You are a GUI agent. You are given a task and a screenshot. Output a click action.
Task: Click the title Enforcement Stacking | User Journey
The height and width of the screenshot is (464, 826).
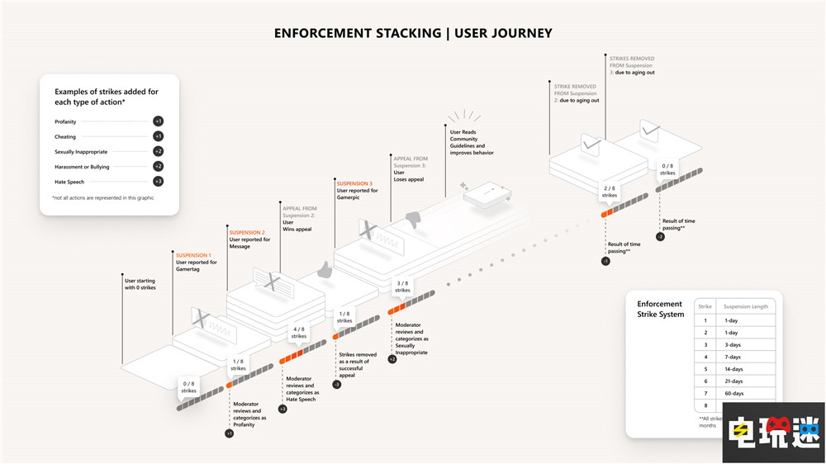[x=413, y=33]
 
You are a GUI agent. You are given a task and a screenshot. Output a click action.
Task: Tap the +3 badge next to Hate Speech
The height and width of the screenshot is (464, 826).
[x=158, y=182]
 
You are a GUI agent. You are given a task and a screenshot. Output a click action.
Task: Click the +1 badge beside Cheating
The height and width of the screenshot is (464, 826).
[x=158, y=136]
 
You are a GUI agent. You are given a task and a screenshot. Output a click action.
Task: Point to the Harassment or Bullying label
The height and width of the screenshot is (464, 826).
[x=81, y=167]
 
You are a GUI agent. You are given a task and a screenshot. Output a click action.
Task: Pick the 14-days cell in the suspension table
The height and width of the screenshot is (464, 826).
[x=733, y=368]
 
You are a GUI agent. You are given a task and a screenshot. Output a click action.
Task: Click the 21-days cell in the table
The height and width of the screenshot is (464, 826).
[x=733, y=381]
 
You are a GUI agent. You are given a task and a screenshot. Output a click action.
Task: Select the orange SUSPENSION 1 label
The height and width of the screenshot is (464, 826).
[x=193, y=255]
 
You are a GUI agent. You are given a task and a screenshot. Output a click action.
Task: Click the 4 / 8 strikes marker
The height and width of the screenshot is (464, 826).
[x=299, y=333]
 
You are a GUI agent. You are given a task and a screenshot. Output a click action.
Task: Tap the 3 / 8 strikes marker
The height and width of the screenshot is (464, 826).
[x=402, y=286]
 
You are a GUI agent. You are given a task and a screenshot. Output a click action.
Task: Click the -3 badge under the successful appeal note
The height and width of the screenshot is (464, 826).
[x=337, y=385]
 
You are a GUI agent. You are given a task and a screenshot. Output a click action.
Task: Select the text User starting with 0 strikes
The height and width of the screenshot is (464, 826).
[x=140, y=284]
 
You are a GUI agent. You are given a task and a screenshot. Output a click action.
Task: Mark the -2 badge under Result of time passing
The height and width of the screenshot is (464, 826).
[x=660, y=237]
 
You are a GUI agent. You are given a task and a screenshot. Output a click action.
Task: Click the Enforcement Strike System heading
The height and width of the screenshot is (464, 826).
[x=660, y=310]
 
